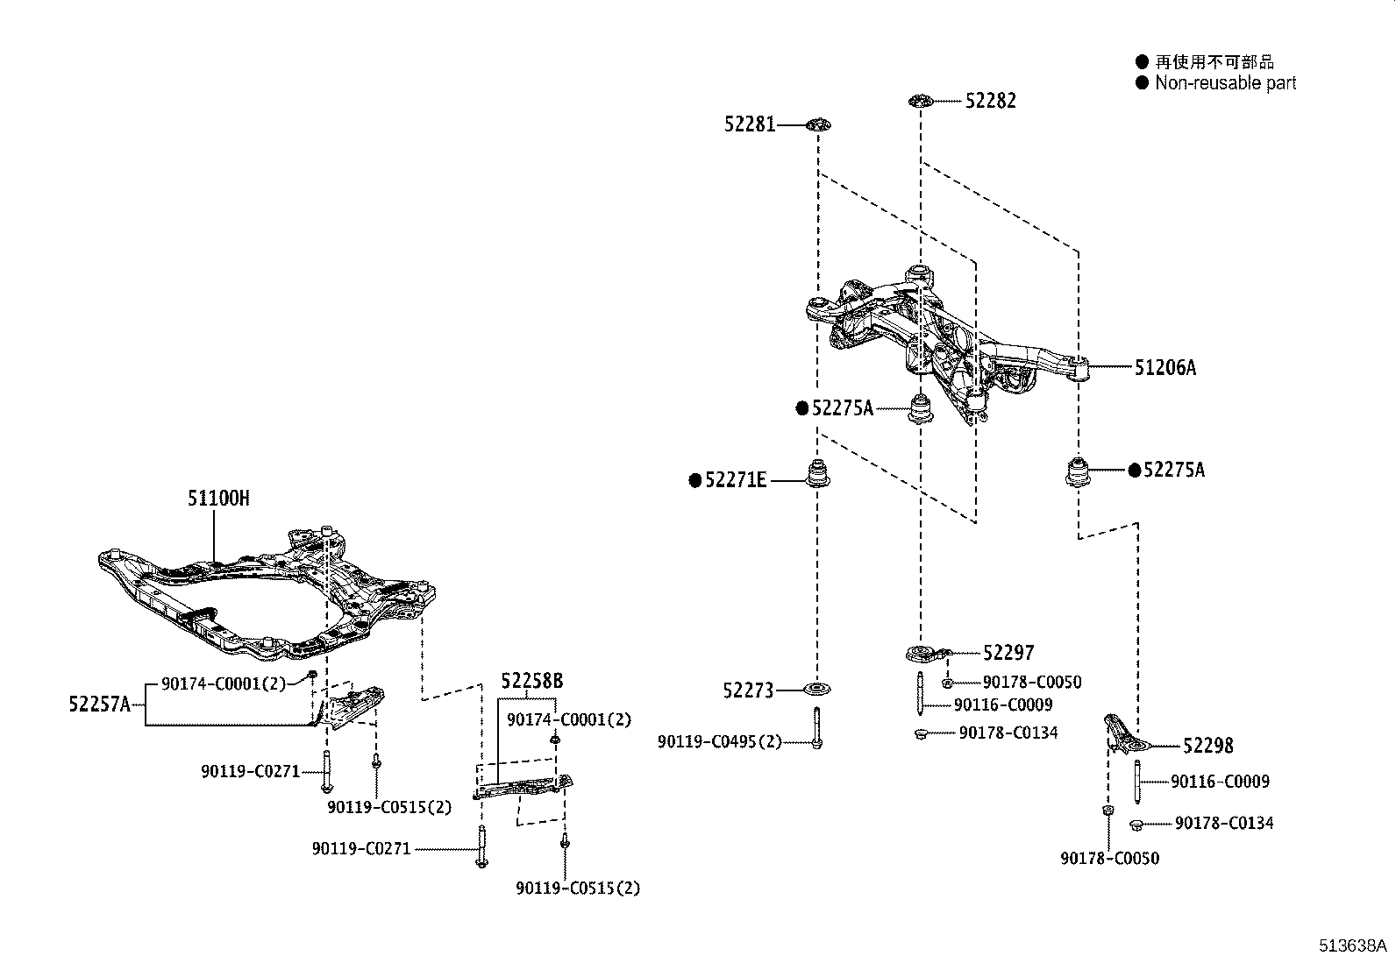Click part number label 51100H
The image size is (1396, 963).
(x=218, y=499)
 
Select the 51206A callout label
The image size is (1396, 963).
(x=1165, y=368)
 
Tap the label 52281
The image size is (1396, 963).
(x=750, y=124)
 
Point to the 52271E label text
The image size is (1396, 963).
(x=736, y=480)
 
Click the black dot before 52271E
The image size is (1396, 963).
(x=695, y=480)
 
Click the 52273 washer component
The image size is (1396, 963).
(x=817, y=690)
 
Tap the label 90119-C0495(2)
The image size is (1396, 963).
(x=719, y=742)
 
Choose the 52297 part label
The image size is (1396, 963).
(x=1008, y=653)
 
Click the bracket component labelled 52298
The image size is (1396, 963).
(x=1122, y=734)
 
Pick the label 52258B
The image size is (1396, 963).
(x=531, y=681)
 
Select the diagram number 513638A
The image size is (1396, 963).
(x=1352, y=945)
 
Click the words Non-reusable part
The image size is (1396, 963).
(x=1225, y=83)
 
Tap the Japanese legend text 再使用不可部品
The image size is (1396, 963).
(x=1214, y=61)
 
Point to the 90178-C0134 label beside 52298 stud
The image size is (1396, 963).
(x=1224, y=823)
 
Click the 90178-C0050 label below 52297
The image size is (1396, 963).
(x=1031, y=682)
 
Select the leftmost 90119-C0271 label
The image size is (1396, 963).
(x=250, y=772)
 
